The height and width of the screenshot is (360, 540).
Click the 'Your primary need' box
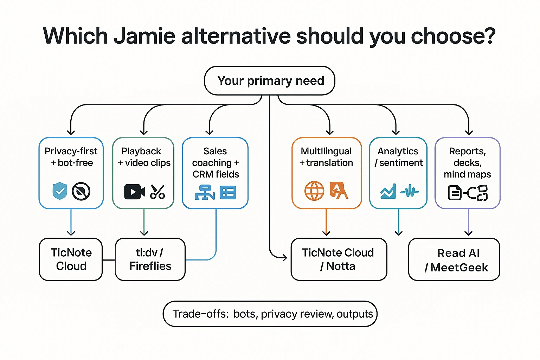pyautogui.click(x=270, y=81)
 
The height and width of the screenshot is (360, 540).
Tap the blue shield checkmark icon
pyautogui.click(x=60, y=191)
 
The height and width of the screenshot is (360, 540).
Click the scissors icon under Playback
pyautogui.click(x=157, y=192)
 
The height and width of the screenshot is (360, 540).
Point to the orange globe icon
pyautogui.click(x=314, y=191)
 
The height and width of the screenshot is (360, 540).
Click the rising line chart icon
pyautogui.click(x=388, y=192)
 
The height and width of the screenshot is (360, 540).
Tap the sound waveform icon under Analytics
pyautogui.click(x=410, y=192)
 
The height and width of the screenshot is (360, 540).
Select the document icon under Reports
pyautogui.click(x=455, y=193)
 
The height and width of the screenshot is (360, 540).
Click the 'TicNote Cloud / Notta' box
pyautogui.click(x=339, y=259)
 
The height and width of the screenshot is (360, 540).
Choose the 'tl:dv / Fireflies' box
pyautogui.click(x=150, y=259)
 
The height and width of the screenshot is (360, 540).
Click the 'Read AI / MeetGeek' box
pyautogui.click(x=454, y=259)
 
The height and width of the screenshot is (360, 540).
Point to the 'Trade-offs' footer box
pyautogui.click(x=270, y=314)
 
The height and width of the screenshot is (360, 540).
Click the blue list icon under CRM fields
pyautogui.click(x=228, y=193)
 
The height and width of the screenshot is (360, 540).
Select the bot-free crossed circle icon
pyautogui.click(x=81, y=192)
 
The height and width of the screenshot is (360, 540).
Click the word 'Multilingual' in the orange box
pyautogui.click(x=326, y=151)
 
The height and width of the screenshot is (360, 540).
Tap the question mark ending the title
pyautogui.click(x=489, y=36)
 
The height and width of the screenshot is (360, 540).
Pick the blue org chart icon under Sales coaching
pyautogui.click(x=205, y=192)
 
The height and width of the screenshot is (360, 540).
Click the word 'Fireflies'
pyautogui.click(x=150, y=266)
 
